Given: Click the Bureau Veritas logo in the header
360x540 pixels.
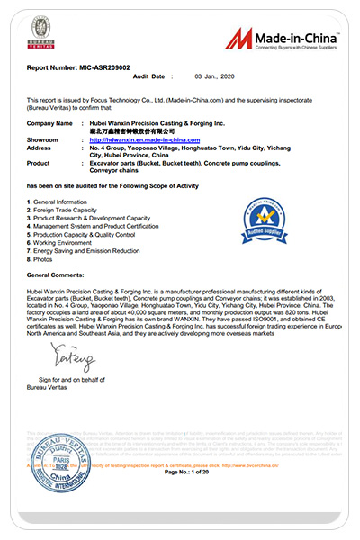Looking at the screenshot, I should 40,34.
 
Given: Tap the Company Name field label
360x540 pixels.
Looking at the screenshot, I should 49,122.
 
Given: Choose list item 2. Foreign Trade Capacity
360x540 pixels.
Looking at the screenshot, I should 65,209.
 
